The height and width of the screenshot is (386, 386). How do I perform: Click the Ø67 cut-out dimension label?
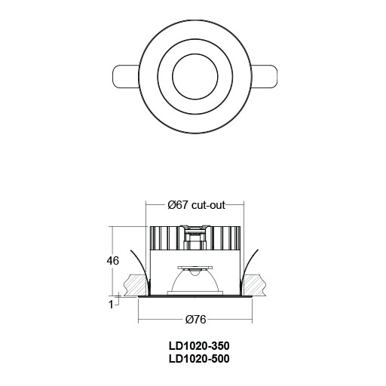pos(195,205)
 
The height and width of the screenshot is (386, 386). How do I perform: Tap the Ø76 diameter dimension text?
pos(195,319)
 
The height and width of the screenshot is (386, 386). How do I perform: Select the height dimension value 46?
pos(112,261)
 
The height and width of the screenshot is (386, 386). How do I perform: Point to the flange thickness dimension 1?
pos(111,304)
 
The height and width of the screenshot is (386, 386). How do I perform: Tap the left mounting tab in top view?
pos(125,78)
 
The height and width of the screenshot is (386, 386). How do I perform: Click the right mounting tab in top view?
pos(265,78)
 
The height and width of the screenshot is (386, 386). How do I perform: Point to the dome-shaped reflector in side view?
pos(195,282)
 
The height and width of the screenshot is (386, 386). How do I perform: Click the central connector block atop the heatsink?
pos(195,240)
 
